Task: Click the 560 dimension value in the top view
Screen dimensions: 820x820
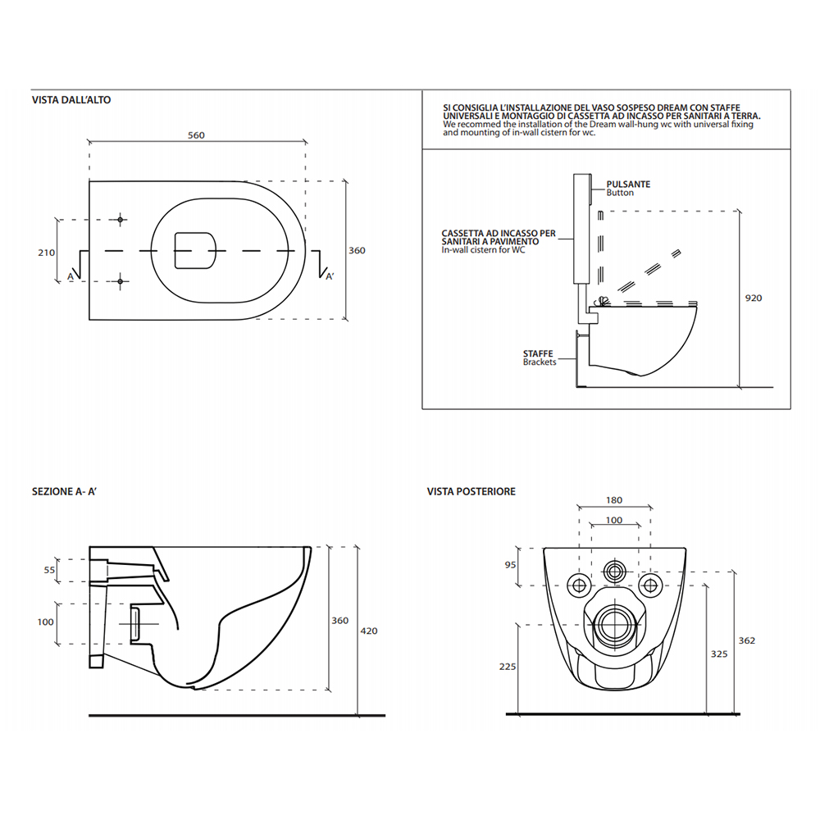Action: tap(196, 135)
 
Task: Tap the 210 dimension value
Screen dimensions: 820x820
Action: tap(46, 253)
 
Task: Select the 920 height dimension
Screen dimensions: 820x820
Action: tap(754, 298)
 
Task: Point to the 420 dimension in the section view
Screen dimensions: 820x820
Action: tap(369, 631)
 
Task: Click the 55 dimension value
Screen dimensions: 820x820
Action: tap(49, 570)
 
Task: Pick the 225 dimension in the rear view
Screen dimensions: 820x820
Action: tap(508, 667)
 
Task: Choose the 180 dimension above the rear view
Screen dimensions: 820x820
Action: tap(614, 500)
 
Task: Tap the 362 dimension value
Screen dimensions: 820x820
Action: tap(747, 640)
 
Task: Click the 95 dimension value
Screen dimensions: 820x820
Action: tap(510, 565)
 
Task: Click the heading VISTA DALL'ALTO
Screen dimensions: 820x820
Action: tap(71, 100)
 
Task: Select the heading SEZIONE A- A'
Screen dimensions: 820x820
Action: tap(64, 491)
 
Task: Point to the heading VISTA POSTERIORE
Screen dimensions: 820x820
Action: tap(471, 491)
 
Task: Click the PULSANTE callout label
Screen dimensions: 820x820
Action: tap(628, 184)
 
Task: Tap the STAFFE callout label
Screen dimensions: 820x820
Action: tap(538, 353)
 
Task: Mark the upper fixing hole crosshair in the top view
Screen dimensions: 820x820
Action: tap(121, 220)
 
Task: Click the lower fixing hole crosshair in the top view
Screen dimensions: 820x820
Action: tap(121, 282)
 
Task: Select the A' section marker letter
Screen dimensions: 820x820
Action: tap(330, 276)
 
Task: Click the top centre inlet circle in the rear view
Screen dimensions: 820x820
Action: tap(614, 570)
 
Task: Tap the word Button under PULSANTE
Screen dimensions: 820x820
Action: tap(620, 193)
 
